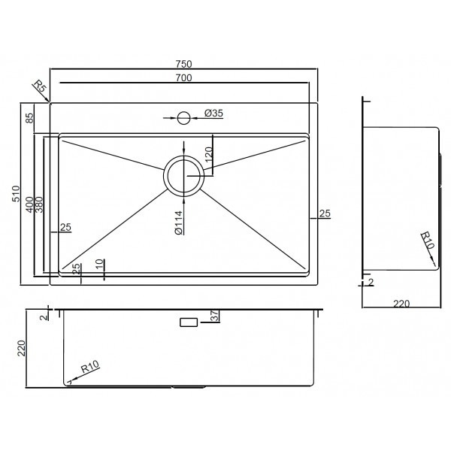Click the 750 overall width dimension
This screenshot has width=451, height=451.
[184, 64]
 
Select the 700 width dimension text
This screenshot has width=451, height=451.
[184, 77]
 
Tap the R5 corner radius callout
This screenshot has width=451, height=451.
[40, 86]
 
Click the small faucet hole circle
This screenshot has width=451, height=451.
[184, 118]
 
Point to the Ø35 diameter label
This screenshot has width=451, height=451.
[213, 113]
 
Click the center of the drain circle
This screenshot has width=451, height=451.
[184, 176]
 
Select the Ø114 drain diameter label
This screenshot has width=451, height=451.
[179, 222]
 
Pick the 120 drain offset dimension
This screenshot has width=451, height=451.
[209, 154]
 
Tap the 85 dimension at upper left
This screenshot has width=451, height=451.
[29, 118]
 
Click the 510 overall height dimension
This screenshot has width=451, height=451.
[16, 194]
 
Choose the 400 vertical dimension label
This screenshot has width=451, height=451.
[29, 204]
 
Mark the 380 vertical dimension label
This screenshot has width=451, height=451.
[39, 204]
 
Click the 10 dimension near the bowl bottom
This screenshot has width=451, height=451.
[99, 264]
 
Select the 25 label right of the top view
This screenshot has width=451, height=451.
[325, 213]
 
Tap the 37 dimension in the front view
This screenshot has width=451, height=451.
[215, 316]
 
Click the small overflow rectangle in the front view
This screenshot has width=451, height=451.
[189, 322]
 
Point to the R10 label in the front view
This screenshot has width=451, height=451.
[89, 367]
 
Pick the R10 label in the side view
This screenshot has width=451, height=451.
[427, 241]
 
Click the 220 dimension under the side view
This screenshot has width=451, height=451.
[401, 304]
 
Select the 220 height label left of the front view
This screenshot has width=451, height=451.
[22, 348]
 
